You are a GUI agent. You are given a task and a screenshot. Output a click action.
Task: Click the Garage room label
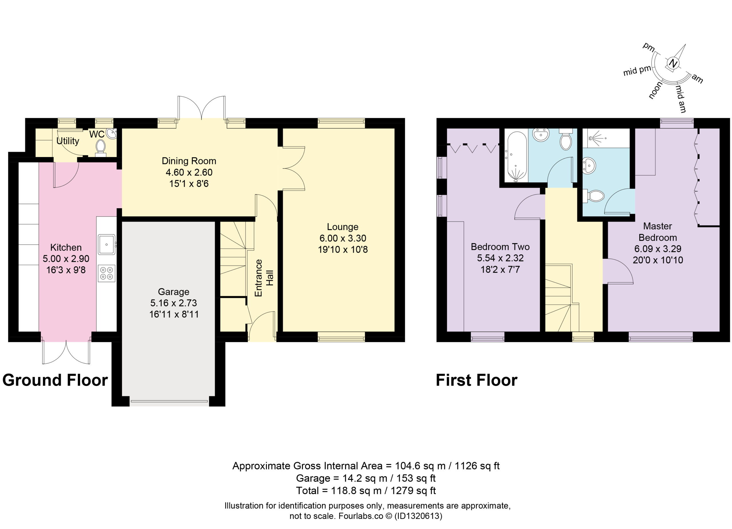pyautogui.click(x=174, y=292)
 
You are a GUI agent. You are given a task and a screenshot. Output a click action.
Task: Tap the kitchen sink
pyautogui.click(x=106, y=245)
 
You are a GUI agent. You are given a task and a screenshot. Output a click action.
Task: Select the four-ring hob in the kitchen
pyautogui.click(x=106, y=273)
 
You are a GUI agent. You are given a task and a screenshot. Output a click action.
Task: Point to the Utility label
pyautogui.click(x=68, y=141)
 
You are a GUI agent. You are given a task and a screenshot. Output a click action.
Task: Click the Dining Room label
pyautogui.click(x=189, y=161)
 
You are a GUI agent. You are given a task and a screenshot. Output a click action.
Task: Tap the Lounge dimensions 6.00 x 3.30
pyautogui.click(x=343, y=238)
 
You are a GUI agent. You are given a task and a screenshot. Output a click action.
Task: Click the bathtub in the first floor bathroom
pyautogui.click(x=516, y=156)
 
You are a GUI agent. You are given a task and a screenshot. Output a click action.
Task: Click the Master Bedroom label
pyautogui.click(x=657, y=232)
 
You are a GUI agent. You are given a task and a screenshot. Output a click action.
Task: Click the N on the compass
pyautogui.click(x=673, y=63)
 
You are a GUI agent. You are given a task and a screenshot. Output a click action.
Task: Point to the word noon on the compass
pyautogui.click(x=655, y=90)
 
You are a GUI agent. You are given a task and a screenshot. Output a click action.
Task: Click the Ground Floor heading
pyautogui.click(x=55, y=380)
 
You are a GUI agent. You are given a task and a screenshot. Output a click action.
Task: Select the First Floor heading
pyautogui.click(x=477, y=380)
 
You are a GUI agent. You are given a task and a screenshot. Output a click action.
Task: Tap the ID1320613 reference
pyautogui.click(x=418, y=516)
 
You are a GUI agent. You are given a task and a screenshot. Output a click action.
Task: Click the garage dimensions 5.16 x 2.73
pyautogui.click(x=174, y=303)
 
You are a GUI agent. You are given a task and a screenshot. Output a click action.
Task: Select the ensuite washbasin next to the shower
pyautogui.click(x=589, y=166)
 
